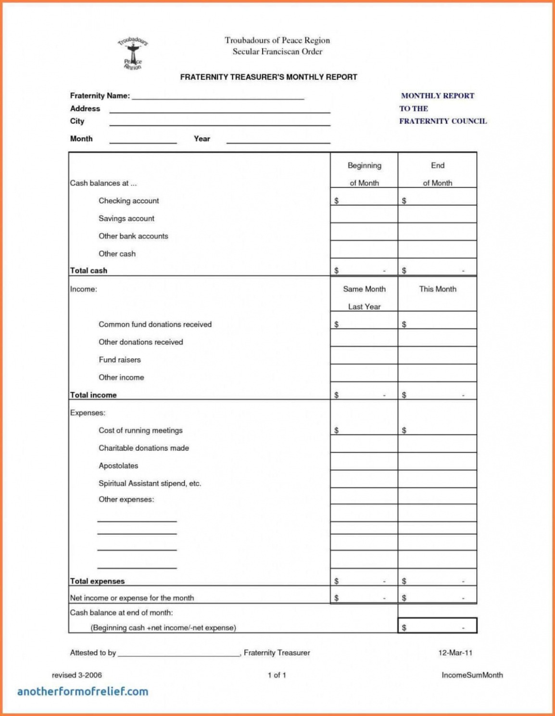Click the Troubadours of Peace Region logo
(x=133, y=53)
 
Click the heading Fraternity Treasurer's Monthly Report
(x=268, y=77)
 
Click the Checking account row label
(x=128, y=201)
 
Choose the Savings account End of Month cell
(x=437, y=214)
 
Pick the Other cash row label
(x=117, y=254)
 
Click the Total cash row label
(x=88, y=271)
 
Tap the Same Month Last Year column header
(x=364, y=297)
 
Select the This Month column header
(x=437, y=289)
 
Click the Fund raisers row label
(x=119, y=360)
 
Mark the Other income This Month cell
(x=437, y=373)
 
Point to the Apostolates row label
(x=118, y=466)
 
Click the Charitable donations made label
(x=144, y=448)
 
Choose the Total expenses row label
(x=97, y=581)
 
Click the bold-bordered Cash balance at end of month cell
(x=437, y=626)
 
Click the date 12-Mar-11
(x=455, y=653)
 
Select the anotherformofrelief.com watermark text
(x=83, y=691)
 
